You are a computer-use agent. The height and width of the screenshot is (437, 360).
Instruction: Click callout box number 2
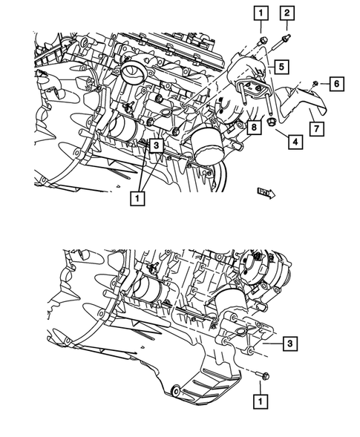287,12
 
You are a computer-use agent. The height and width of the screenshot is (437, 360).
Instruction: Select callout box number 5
283,66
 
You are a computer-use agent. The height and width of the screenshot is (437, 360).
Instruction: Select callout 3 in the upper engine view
155,147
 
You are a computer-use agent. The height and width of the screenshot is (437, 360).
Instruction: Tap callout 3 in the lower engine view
291,344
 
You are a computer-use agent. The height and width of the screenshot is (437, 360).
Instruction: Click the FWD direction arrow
265,193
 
